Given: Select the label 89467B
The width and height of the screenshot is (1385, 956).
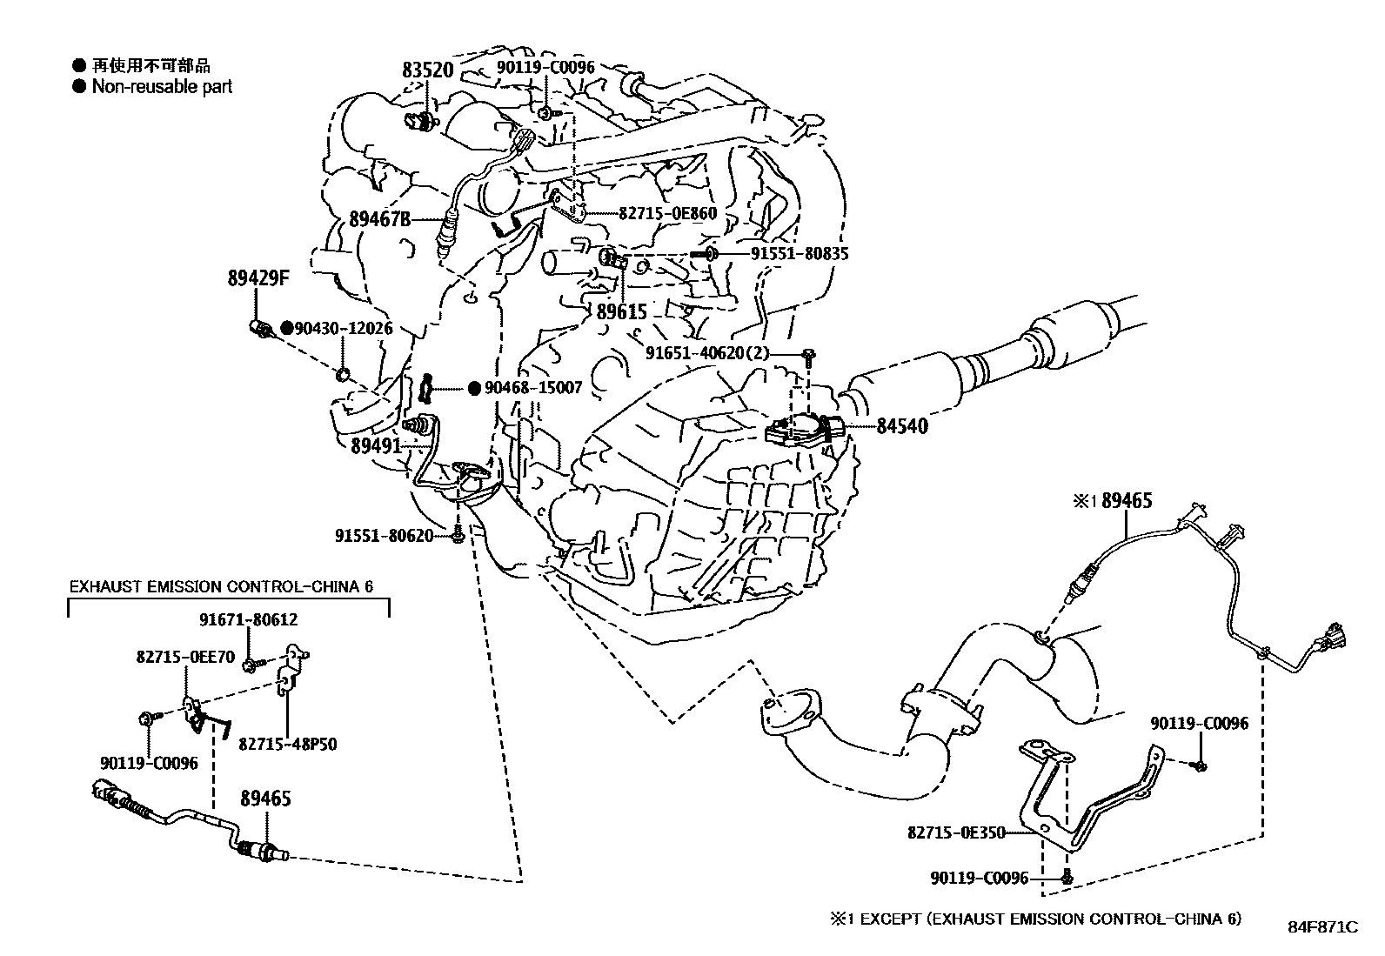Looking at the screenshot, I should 380,219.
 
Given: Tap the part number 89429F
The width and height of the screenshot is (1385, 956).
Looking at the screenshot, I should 258,279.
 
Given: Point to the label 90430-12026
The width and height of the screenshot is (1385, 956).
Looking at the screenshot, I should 343,329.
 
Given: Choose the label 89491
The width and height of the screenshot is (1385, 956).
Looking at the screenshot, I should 376,445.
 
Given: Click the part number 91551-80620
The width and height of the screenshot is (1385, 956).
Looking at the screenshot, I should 384,536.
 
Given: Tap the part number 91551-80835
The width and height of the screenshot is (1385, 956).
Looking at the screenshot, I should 800,254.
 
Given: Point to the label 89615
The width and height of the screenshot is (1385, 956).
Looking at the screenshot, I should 622,311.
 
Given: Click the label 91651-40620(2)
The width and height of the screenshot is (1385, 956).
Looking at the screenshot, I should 720,353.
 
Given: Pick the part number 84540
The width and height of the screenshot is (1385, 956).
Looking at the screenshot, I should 901,426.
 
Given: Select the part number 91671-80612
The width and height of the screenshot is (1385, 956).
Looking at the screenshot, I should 248,620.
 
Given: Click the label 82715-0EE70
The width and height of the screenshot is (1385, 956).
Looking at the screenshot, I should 184,658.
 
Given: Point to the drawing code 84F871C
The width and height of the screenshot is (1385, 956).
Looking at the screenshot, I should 1322,927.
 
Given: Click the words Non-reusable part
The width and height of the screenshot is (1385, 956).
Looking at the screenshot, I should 162,87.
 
